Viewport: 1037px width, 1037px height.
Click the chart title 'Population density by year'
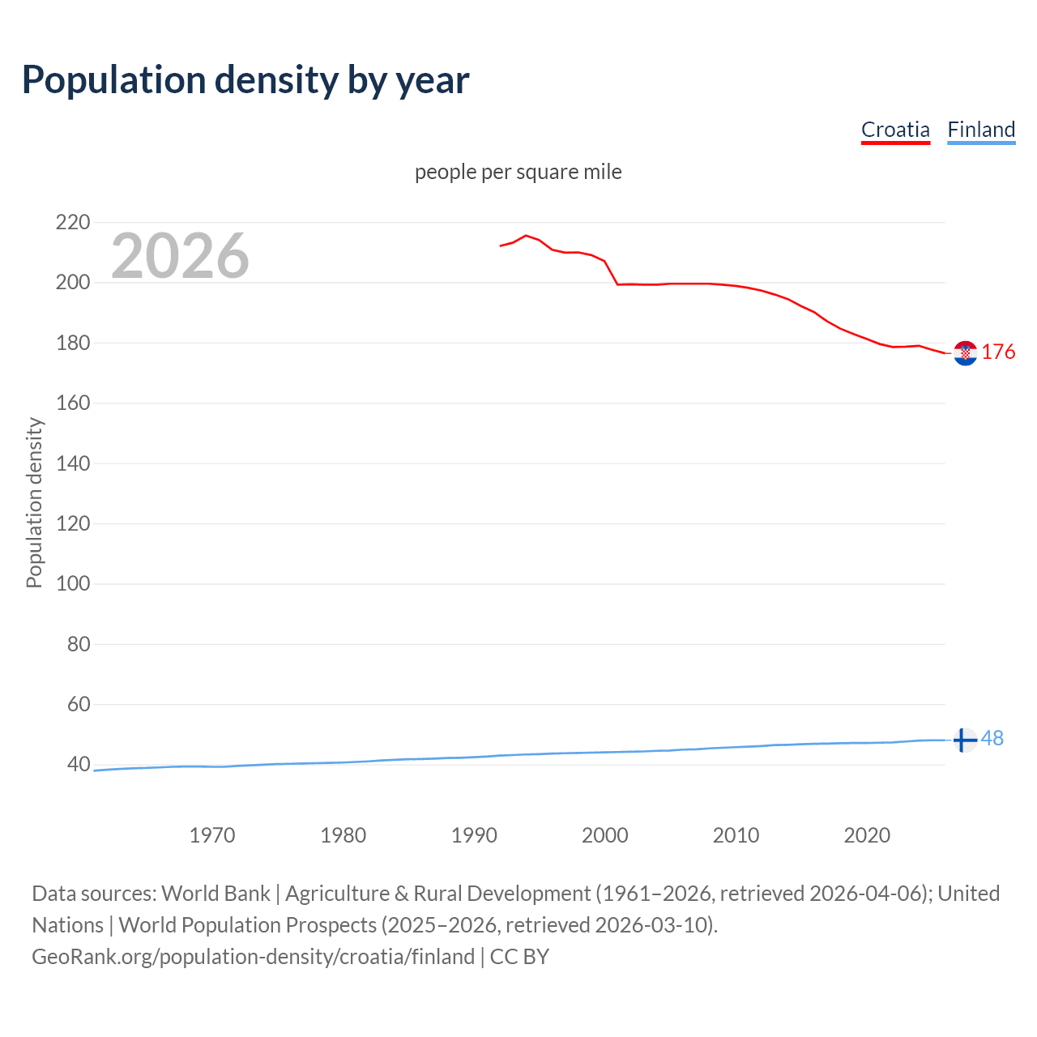pyautogui.click(x=245, y=80)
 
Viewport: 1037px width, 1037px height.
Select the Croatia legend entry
pyautogui.click(x=895, y=130)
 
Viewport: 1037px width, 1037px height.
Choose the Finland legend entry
pyautogui.click(x=981, y=130)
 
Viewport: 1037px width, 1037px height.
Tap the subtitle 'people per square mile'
pyautogui.click(x=518, y=172)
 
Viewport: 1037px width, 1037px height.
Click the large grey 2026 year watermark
pyautogui.click(x=180, y=256)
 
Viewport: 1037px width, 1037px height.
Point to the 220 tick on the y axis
pyautogui.click(x=72, y=222)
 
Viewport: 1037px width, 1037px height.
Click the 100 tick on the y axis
pyautogui.click(x=72, y=583)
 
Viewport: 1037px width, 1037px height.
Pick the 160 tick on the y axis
pyautogui.click(x=72, y=403)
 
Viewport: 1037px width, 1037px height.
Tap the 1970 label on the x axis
pyautogui.click(x=212, y=835)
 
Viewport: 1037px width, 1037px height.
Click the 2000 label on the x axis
pyautogui.click(x=605, y=835)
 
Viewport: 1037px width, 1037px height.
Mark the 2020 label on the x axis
pyautogui.click(x=867, y=835)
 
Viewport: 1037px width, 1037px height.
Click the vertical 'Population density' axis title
pyautogui.click(x=34, y=502)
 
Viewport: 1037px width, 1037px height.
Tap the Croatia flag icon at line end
pyautogui.click(x=965, y=353)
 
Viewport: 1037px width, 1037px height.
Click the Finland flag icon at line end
pyautogui.click(x=964, y=740)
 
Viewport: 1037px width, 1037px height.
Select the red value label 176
pyautogui.click(x=998, y=352)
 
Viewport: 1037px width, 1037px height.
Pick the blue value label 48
pyautogui.click(x=992, y=738)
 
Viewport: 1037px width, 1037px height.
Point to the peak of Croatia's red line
pyautogui.click(x=526, y=236)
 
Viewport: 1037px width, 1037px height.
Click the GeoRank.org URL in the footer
pyautogui.click(x=253, y=957)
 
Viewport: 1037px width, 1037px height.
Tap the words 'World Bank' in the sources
pyautogui.click(x=216, y=894)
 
